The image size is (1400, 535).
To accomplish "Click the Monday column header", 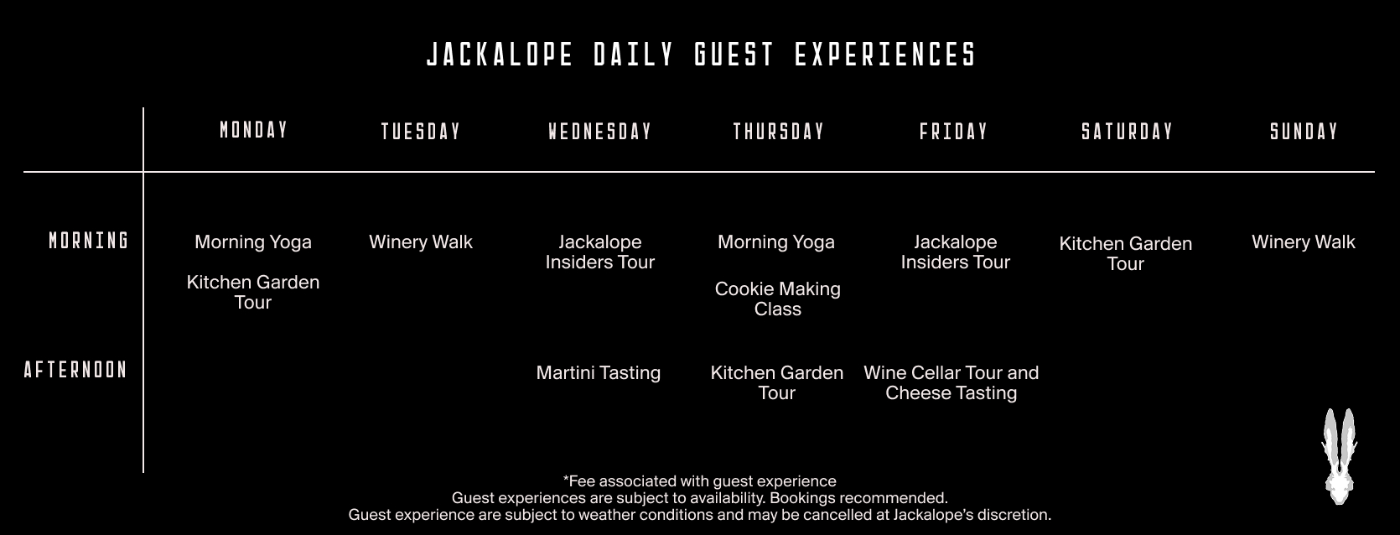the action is point(253,130).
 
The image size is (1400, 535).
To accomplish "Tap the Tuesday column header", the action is point(421,132).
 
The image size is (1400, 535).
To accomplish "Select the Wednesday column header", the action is point(600,132).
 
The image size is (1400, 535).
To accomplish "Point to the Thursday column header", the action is point(779,132).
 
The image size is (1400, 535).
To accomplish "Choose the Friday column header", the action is point(954,132).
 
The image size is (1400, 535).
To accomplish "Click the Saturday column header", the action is point(1128,132).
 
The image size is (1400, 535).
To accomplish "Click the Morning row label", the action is point(89,241).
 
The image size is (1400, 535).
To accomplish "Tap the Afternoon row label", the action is point(75,370).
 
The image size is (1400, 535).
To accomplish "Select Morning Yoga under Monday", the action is point(253,242).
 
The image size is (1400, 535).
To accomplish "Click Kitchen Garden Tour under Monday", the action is point(253,292).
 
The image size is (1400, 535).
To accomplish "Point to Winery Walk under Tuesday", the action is point(421,242).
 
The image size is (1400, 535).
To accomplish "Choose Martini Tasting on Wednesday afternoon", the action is point(598,372).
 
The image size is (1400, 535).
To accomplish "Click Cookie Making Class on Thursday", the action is point(777,299).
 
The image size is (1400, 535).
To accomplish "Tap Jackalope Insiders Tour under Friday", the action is point(956,252).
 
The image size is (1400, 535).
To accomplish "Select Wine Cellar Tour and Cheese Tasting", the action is point(951,382).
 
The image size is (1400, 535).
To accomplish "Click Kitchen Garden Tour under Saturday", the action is point(1126,253).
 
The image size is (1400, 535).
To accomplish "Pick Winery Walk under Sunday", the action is point(1304,242).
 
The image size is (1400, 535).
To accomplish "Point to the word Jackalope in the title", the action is point(500,55).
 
